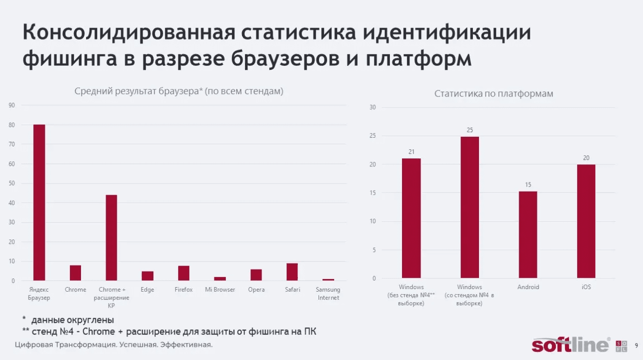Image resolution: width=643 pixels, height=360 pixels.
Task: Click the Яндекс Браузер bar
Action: point(39,203)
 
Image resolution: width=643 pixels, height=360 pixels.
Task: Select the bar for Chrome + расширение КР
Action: point(111,238)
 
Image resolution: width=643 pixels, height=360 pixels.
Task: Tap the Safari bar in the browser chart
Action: point(292,272)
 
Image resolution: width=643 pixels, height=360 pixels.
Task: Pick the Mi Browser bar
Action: point(220,279)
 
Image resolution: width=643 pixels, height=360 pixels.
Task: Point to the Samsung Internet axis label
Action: point(328,294)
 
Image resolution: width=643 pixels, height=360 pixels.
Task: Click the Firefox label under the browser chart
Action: point(184,290)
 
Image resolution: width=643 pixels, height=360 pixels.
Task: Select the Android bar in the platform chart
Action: point(528,235)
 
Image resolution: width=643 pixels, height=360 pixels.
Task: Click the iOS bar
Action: point(586,221)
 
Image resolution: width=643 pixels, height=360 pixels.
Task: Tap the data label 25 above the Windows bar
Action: point(470,130)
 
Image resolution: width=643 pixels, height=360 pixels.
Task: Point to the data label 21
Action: point(412,152)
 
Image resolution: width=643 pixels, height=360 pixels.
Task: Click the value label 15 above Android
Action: point(528,185)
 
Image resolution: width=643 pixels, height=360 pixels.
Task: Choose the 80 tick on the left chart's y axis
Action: point(12,125)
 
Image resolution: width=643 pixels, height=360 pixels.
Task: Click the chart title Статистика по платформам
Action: point(494,94)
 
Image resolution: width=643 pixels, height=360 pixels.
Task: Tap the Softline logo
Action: point(571,345)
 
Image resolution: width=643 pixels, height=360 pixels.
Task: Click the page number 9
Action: point(636,345)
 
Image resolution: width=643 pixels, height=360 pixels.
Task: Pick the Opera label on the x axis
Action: point(256,290)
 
